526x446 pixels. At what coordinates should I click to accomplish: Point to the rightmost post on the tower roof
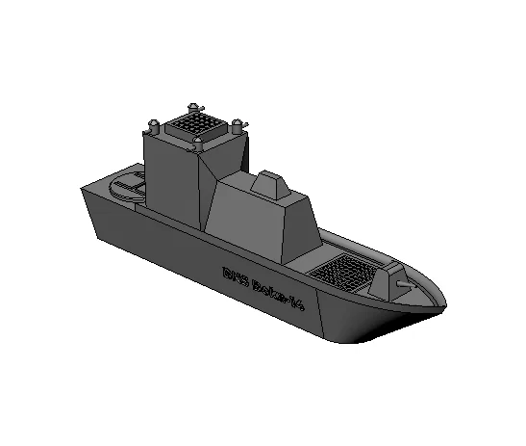[238, 124]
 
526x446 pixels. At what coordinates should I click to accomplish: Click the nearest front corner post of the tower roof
[199, 144]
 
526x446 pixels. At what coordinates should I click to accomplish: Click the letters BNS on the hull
[235, 275]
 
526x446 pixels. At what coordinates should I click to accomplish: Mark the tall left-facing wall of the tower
[171, 183]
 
